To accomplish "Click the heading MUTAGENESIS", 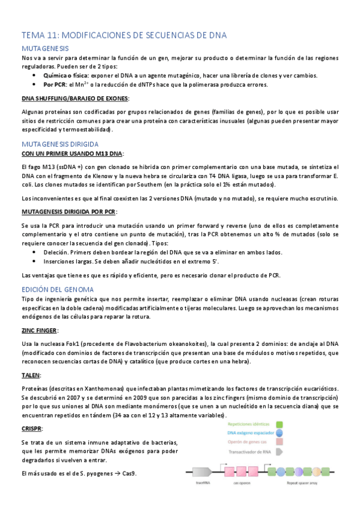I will [45, 48].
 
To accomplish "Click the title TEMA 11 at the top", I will [124, 35].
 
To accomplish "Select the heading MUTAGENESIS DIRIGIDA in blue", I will [59, 144].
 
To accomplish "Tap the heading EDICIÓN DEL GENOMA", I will [55, 289].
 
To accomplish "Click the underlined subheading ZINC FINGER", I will [40, 331].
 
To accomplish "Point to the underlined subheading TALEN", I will [31, 375].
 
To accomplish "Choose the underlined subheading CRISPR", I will [32, 429].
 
